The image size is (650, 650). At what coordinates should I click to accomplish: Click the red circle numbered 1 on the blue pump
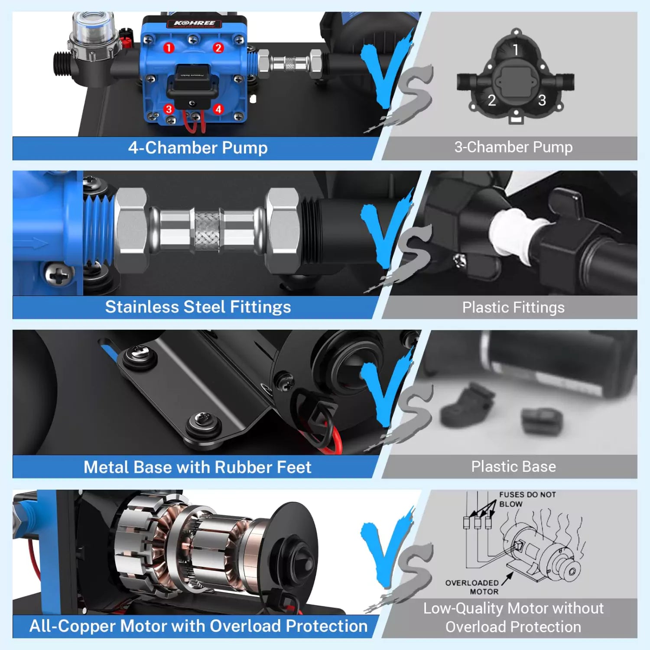coord(169,48)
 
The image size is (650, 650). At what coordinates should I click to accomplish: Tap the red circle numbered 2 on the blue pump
coord(218,48)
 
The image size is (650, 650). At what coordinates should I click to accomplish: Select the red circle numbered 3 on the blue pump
coord(169,109)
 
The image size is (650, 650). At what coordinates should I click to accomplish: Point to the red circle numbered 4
coord(218,109)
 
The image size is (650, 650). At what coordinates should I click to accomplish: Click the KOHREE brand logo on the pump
coord(195,23)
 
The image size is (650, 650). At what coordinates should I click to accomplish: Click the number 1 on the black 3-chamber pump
coord(516,50)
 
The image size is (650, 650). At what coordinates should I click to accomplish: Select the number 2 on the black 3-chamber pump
coord(491,101)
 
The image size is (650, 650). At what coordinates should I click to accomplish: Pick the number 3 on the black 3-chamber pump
coord(542,101)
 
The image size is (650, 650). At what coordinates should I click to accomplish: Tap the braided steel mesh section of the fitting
coord(207,231)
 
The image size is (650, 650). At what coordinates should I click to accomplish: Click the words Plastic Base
coord(513,467)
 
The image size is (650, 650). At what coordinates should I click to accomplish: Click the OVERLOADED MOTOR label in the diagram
coord(472,587)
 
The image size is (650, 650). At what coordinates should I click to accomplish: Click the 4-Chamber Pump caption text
coord(198,148)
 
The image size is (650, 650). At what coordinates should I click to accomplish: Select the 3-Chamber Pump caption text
coord(513,147)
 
